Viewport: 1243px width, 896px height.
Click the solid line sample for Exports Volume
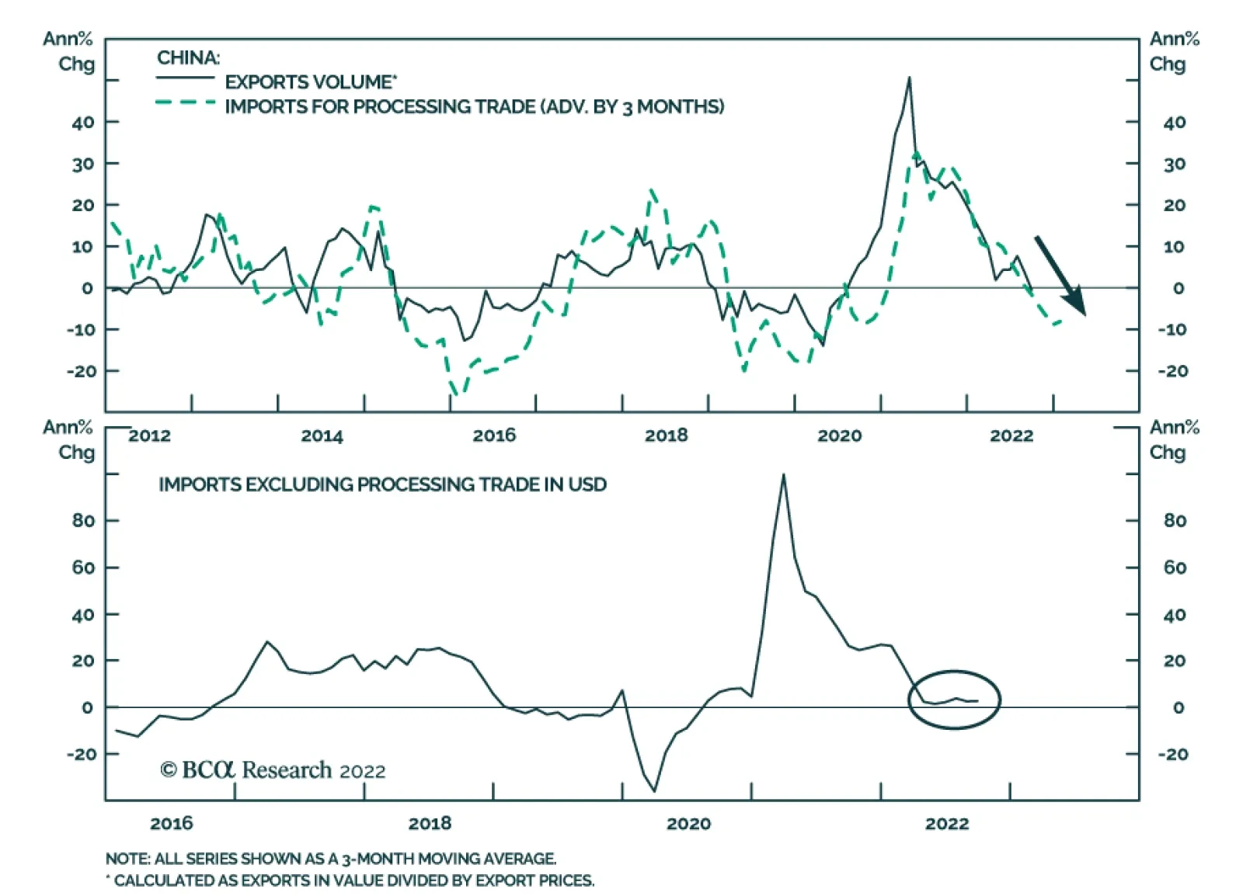tap(185, 78)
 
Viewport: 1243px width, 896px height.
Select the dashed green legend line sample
tap(185, 102)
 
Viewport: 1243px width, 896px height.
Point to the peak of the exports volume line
tap(909, 78)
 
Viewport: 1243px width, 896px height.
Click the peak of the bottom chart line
tap(783, 474)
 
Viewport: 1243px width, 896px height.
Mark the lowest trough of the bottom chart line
tap(655, 791)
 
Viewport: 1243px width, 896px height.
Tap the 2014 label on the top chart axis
tap(322, 436)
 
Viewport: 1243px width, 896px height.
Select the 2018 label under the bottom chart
tap(430, 823)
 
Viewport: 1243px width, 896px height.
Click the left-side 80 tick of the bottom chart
tap(83, 520)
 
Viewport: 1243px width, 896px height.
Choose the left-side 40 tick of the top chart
tap(83, 122)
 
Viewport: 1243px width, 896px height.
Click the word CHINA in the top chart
tap(188, 58)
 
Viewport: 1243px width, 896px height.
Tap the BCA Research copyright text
tap(273, 770)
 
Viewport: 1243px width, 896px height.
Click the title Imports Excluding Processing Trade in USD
tap(382, 484)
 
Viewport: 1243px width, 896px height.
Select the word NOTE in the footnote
tap(127, 859)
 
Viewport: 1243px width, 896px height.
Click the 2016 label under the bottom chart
tap(171, 823)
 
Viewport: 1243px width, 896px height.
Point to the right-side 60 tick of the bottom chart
tap(1175, 568)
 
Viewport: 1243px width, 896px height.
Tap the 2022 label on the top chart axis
tap(1011, 436)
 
